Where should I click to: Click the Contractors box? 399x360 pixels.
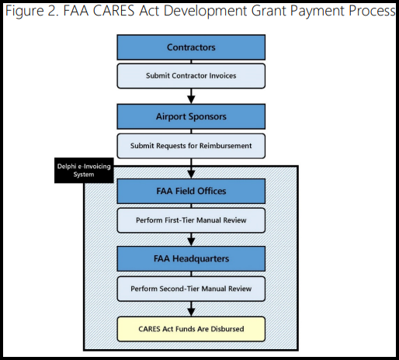pyautogui.click(x=191, y=47)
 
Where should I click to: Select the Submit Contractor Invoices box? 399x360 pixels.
pyautogui.click(x=191, y=76)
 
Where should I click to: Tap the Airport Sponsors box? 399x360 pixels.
pyautogui.click(x=191, y=116)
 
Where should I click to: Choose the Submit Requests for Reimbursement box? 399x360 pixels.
pyautogui.click(x=191, y=146)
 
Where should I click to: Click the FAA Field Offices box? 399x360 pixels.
pyautogui.click(x=191, y=191)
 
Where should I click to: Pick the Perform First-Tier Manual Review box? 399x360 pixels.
pyautogui.click(x=191, y=220)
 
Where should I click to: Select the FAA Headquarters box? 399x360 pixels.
pyautogui.click(x=191, y=258)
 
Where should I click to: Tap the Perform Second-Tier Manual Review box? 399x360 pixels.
pyautogui.click(x=191, y=289)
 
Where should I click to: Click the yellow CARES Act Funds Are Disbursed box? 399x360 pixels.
pyautogui.click(x=191, y=329)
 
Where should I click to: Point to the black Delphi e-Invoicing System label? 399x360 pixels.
pyautogui.click(x=84, y=171)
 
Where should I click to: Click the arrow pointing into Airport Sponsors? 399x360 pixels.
pyautogui.click(x=191, y=96)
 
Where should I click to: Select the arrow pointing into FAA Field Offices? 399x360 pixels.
pyautogui.click(x=191, y=168)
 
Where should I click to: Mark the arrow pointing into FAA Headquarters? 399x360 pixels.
pyautogui.click(x=191, y=240)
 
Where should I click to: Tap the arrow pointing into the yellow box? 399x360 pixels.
pyautogui.click(x=191, y=309)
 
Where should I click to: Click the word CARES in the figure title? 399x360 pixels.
pyautogui.click(x=114, y=11)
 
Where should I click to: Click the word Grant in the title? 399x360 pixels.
pyautogui.click(x=269, y=11)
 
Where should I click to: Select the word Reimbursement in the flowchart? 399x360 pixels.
pyautogui.click(x=225, y=146)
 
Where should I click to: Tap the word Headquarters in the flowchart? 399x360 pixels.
pyautogui.click(x=201, y=259)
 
